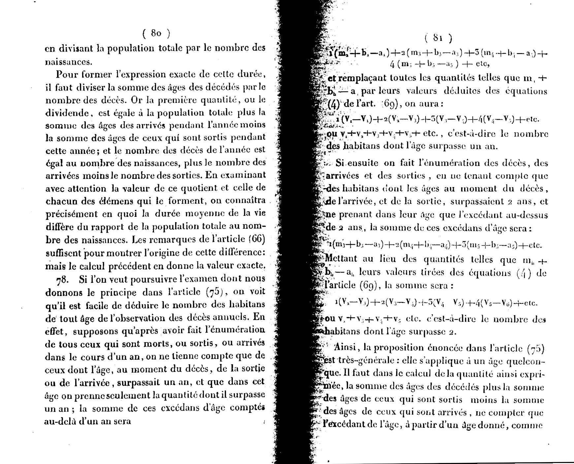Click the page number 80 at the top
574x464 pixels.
point(156,33)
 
